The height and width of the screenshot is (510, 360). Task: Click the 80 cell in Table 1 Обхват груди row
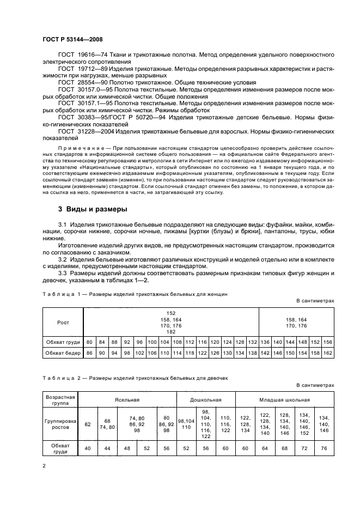[89, 342]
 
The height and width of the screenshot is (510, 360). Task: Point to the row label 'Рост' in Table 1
[63, 322]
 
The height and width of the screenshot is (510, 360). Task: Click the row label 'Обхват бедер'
[63, 353]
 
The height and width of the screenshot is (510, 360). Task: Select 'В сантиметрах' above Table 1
[314, 301]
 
